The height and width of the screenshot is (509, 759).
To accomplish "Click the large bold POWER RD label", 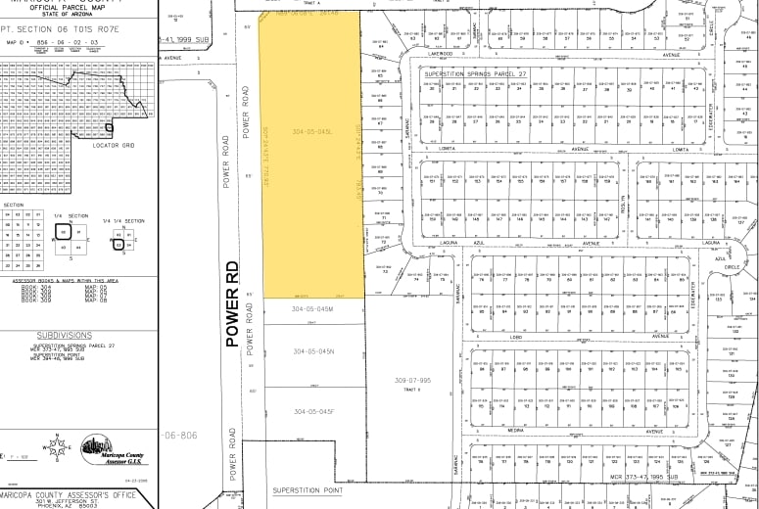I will coord(232,303).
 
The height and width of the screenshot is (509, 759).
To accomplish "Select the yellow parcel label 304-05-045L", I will coord(311,131).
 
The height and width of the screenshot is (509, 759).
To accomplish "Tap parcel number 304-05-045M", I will coord(312,309).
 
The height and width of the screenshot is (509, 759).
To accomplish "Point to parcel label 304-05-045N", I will coord(312,351).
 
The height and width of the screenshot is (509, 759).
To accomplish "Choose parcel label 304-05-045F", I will coord(312,411).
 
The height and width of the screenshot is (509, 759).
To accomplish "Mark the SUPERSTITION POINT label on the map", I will coord(307,488).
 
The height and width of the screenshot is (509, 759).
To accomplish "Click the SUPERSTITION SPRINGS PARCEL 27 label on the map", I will coord(475,72).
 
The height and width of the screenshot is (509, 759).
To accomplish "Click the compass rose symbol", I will coord(61,448).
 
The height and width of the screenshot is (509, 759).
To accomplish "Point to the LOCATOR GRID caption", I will coord(112,144).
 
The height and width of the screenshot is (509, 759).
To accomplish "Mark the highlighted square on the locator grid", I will coord(109,125).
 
